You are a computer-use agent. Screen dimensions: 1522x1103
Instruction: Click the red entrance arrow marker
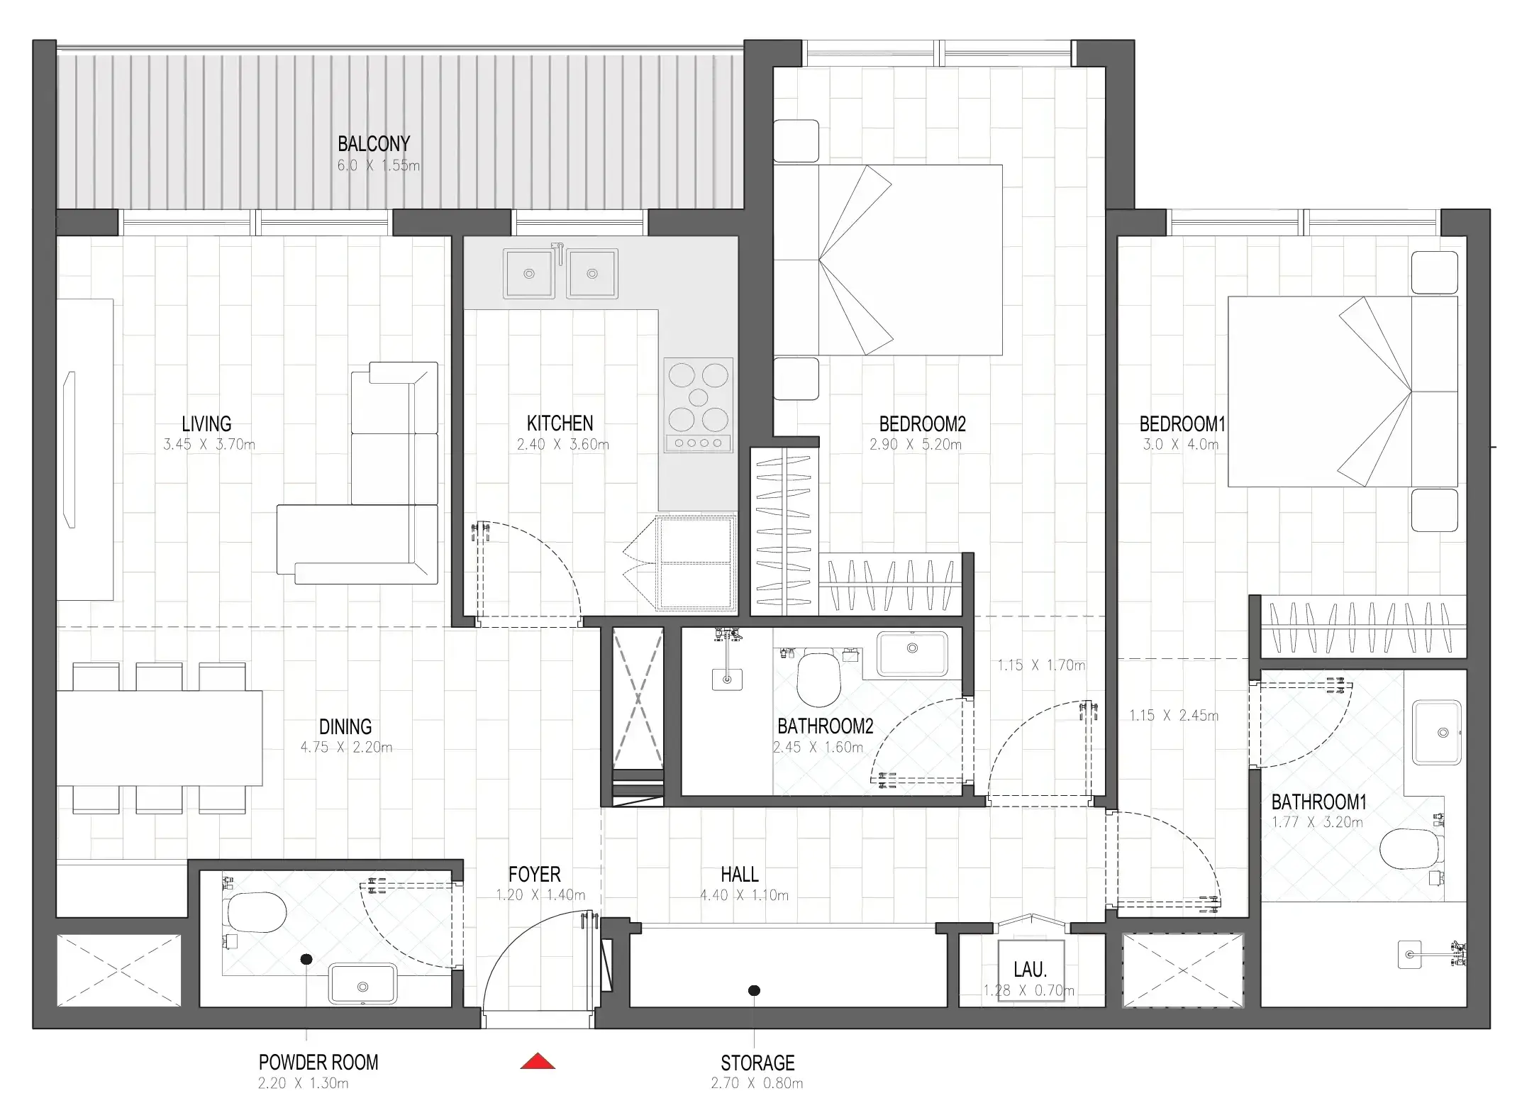pos(538,1061)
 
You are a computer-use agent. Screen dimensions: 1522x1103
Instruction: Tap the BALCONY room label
pos(374,144)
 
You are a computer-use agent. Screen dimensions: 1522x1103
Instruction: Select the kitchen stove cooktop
pos(699,405)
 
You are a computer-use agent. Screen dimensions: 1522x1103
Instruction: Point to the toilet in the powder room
pos(255,912)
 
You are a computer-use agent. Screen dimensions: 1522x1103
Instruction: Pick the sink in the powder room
pos(363,985)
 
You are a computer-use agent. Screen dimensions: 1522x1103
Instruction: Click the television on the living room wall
pos(70,450)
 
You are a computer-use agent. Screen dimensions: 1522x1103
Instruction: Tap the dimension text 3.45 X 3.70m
pos(209,445)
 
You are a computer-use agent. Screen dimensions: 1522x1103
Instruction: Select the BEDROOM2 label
pos(922,424)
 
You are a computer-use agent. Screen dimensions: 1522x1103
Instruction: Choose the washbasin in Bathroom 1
pos(1437,733)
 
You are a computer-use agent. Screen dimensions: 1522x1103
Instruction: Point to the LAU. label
pos(1030,970)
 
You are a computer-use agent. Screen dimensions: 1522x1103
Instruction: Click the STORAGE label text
pos(757,1063)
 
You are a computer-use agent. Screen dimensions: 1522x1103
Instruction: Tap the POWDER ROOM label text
pos(318,1063)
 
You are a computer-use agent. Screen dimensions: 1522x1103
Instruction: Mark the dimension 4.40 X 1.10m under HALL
pos(744,895)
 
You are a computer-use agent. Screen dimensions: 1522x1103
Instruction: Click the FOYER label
pos(534,875)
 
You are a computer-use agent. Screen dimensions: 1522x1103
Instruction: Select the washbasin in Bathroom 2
pos(913,653)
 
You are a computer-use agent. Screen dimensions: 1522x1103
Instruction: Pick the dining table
pos(160,738)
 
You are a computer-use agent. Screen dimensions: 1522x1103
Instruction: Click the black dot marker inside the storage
pos(755,990)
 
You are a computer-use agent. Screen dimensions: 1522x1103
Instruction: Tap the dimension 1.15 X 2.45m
pos(1174,716)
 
